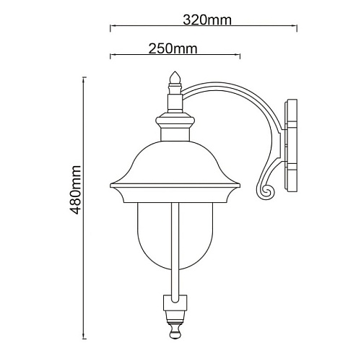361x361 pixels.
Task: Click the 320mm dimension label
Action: point(207,20)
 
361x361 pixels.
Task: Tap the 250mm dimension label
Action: point(173,48)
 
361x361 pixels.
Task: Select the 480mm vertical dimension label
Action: point(75,190)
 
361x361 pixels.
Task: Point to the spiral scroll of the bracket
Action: point(266,192)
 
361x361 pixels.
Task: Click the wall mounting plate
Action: point(291,146)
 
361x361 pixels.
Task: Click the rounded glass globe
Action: point(175,236)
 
